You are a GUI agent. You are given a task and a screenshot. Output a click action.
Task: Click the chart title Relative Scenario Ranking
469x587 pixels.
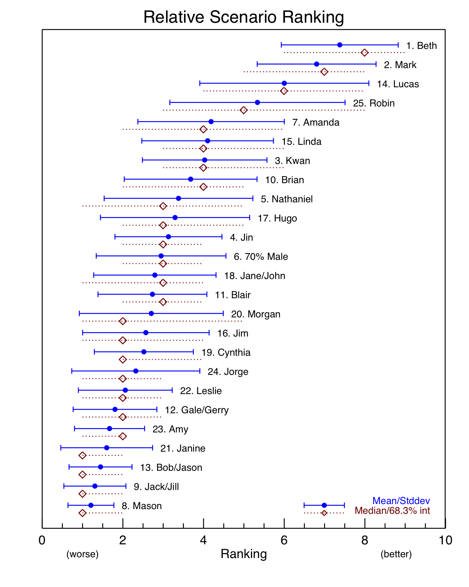pyautogui.click(x=243, y=17)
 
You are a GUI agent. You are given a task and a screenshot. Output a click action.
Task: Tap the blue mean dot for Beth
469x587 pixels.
pyautogui.click(x=340, y=45)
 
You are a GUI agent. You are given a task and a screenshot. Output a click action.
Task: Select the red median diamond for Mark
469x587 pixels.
pyautogui.click(x=324, y=72)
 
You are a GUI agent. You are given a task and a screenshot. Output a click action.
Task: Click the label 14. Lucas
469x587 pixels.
pyautogui.click(x=397, y=84)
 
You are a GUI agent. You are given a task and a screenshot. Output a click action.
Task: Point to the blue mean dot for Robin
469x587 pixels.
pyautogui.click(x=257, y=103)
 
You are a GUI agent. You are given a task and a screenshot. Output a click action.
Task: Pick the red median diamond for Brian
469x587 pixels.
pyautogui.click(x=203, y=187)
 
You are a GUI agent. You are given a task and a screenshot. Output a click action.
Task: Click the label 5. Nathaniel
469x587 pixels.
pyautogui.click(x=287, y=199)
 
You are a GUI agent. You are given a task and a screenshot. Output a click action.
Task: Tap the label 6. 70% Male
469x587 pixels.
pyautogui.click(x=261, y=257)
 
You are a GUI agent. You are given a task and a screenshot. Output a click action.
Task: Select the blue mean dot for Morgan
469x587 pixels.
pyautogui.click(x=151, y=313)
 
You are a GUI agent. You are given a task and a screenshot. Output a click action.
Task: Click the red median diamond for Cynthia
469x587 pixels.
pyautogui.click(x=123, y=360)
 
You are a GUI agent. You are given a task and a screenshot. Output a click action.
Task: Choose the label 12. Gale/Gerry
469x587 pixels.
pyautogui.click(x=197, y=410)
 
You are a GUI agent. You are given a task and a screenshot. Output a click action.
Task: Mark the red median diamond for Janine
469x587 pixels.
pyautogui.click(x=82, y=455)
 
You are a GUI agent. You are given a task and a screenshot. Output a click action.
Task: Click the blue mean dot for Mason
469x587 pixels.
pyautogui.click(x=91, y=505)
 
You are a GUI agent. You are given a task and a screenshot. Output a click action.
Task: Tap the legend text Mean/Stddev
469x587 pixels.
pyautogui.click(x=401, y=501)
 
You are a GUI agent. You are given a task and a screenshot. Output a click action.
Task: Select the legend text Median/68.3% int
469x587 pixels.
pyautogui.click(x=392, y=511)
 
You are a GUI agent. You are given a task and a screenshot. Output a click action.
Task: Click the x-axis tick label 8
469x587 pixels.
pyautogui.click(x=365, y=540)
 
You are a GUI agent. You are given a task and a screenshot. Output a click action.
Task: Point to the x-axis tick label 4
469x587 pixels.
pyautogui.click(x=203, y=540)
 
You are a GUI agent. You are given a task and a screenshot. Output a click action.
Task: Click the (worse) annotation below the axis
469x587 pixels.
pyautogui.click(x=82, y=554)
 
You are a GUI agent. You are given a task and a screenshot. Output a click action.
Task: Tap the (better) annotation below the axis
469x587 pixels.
pyautogui.click(x=396, y=554)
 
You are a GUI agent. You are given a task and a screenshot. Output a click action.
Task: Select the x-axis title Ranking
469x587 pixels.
pyautogui.click(x=243, y=554)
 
